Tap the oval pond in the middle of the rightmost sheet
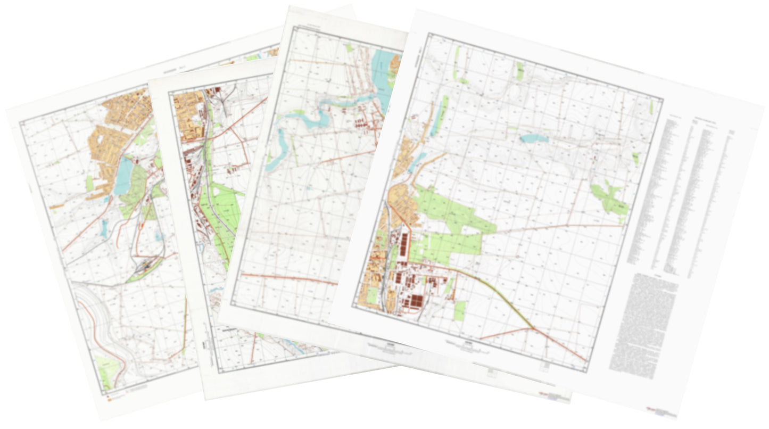tap(534, 138)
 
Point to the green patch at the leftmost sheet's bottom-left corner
tap(106, 370)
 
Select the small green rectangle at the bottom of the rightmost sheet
tap(459, 310)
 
